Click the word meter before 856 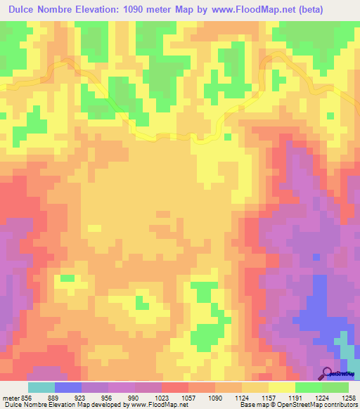click(x=11, y=398)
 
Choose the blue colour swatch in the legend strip click(x=68, y=387)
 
